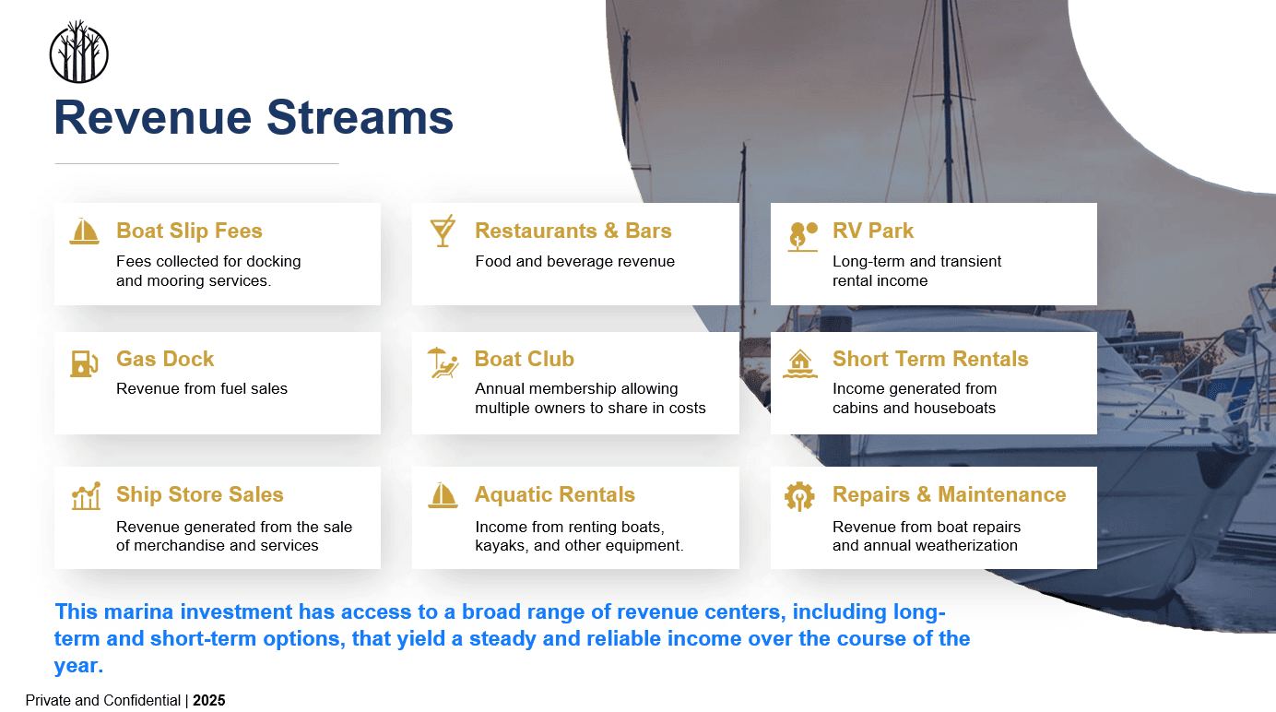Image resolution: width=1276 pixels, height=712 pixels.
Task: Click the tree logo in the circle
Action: [78, 52]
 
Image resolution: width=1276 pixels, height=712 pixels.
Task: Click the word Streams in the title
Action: [360, 118]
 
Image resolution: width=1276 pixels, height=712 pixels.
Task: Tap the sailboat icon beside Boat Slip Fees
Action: [84, 231]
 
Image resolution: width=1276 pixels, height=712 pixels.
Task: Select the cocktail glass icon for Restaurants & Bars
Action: [443, 231]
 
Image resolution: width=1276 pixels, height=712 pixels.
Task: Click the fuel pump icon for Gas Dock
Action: [84, 363]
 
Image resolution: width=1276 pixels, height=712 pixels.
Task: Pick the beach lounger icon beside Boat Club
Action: [443, 362]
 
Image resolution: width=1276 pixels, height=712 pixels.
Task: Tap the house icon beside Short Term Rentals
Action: [799, 363]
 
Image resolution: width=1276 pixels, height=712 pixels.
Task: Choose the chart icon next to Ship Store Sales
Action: [86, 495]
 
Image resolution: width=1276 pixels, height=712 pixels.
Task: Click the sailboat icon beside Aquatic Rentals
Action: [443, 495]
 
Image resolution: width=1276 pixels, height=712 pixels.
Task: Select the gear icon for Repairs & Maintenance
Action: [799, 496]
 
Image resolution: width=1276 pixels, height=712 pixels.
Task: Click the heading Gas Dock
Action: [165, 359]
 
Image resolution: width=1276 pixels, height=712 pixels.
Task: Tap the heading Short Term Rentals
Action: [930, 359]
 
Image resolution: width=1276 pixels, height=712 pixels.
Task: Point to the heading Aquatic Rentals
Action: [555, 495]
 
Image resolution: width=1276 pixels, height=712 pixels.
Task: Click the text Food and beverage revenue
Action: [574, 262]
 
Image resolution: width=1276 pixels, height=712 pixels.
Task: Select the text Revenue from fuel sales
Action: [202, 389]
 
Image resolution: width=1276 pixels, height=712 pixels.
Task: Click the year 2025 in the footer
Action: [209, 701]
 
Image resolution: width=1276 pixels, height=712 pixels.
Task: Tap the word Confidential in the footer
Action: [142, 701]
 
